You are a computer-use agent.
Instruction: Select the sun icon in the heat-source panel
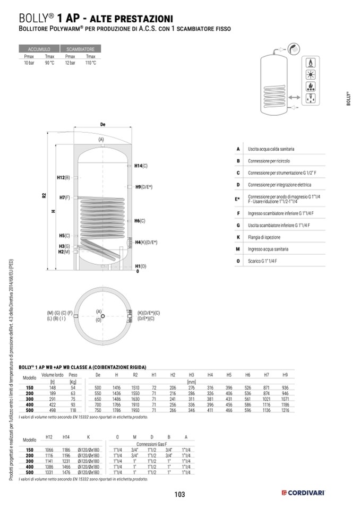coord(309,74)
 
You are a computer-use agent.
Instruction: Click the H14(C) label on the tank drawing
coord(141,166)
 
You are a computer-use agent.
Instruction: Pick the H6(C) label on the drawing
coord(140,220)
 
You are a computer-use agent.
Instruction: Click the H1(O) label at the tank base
coord(141,266)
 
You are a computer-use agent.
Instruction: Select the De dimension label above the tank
coord(102,124)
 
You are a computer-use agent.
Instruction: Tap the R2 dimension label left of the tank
coord(44,195)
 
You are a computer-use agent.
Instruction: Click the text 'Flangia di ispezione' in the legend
coord(268,237)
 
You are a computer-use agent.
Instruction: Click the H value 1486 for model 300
coord(117,399)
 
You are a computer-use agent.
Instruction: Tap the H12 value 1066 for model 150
coord(49,450)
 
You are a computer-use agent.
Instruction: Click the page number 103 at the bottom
coord(179,495)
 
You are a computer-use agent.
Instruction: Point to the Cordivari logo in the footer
coord(303,494)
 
